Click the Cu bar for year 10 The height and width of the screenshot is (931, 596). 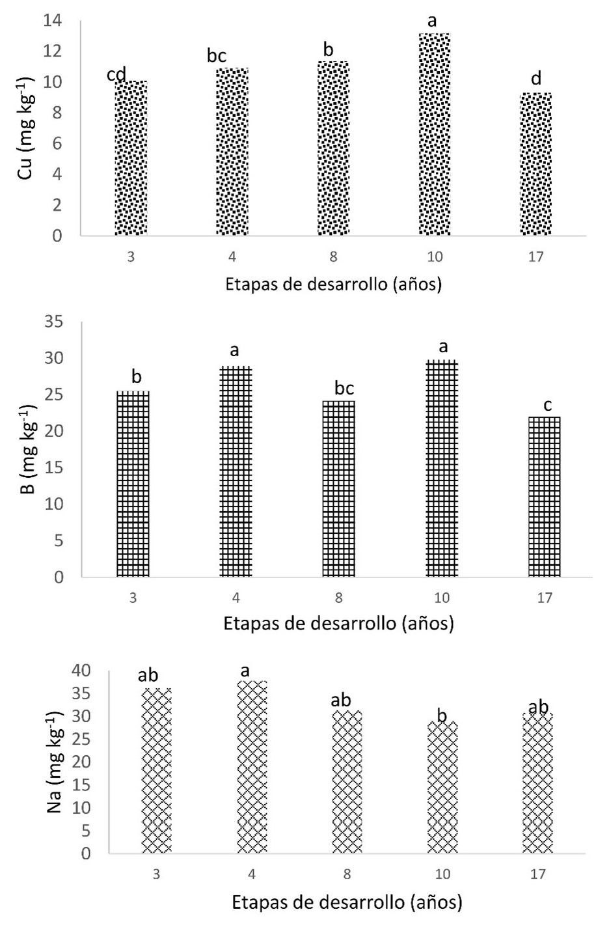tap(435, 134)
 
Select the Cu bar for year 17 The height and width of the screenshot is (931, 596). tap(535, 164)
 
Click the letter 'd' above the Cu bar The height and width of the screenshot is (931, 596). tap(535, 80)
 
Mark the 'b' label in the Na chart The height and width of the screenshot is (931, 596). tap(442, 716)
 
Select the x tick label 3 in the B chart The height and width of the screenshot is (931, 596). tap(133, 598)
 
